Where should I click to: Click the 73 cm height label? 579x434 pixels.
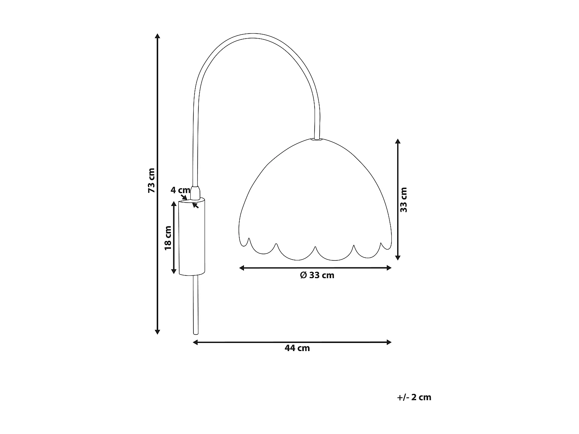[x=152, y=181]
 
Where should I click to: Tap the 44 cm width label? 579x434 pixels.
[x=297, y=348]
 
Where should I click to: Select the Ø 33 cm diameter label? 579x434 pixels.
[x=317, y=275]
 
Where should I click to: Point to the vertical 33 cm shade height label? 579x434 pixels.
[x=404, y=199]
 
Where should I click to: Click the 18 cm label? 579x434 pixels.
[x=168, y=238]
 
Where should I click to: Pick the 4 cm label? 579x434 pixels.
[x=180, y=190]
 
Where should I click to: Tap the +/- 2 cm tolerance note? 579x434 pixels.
[x=414, y=397]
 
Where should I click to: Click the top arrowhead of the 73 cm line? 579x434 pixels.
[x=157, y=36]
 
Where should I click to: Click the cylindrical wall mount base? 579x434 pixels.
[x=191, y=237]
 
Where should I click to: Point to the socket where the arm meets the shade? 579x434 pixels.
[x=317, y=139]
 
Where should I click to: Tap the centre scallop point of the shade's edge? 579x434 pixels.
[x=315, y=247]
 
